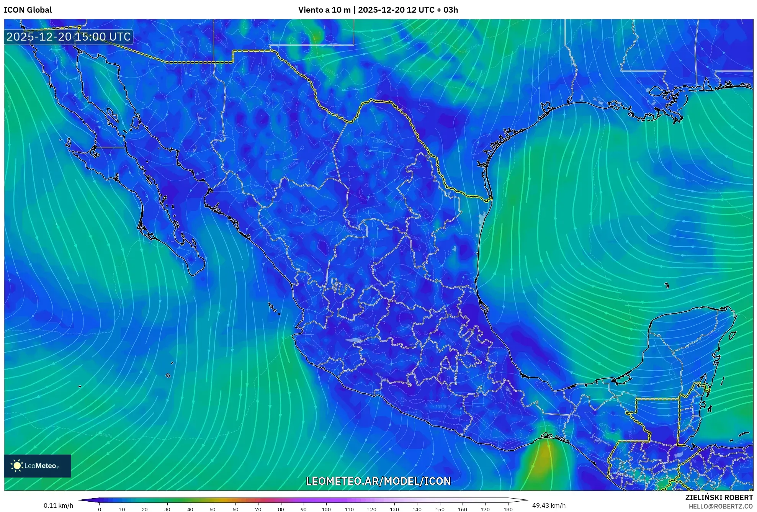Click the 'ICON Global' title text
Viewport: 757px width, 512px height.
(x=28, y=10)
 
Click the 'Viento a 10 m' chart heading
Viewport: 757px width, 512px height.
(x=324, y=10)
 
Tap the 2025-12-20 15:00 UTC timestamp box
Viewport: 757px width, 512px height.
(x=69, y=37)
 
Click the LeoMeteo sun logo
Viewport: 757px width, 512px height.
(x=17, y=465)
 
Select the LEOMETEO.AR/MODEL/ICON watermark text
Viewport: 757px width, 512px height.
(x=378, y=481)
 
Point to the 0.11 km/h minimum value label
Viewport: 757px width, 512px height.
(x=58, y=505)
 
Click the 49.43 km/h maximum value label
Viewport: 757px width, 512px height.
(x=549, y=505)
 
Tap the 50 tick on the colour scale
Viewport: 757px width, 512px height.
(x=213, y=509)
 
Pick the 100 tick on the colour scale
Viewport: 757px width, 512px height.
(x=326, y=509)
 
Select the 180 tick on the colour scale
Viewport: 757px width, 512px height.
(x=508, y=509)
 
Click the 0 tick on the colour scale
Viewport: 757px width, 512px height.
(x=100, y=509)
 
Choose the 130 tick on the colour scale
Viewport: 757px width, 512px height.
(x=394, y=509)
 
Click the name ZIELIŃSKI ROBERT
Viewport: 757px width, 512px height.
(x=719, y=497)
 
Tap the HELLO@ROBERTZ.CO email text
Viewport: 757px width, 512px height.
(x=721, y=506)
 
